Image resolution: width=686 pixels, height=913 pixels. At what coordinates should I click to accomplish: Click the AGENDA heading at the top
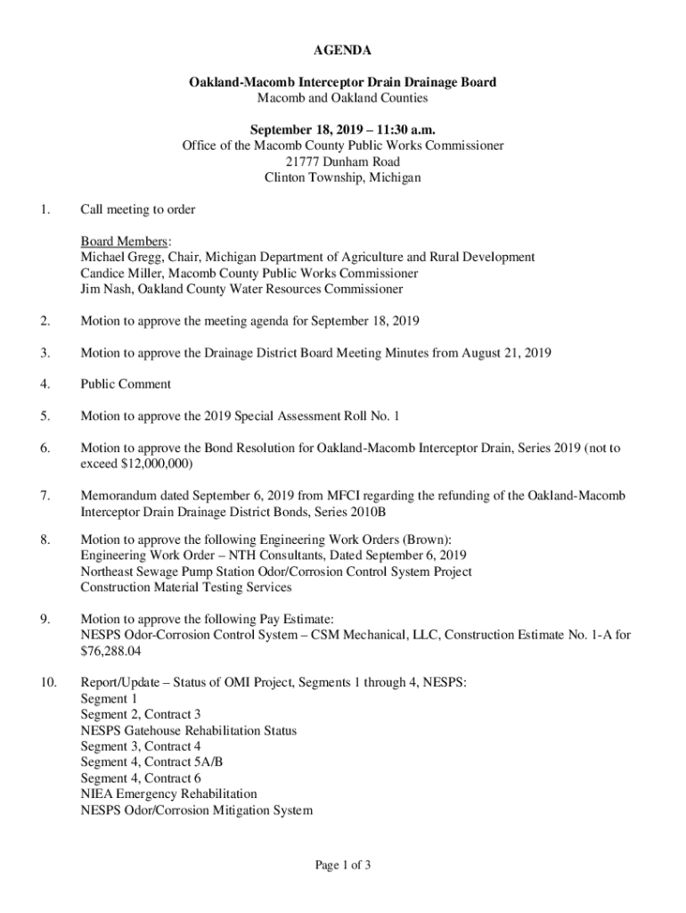pos(342,51)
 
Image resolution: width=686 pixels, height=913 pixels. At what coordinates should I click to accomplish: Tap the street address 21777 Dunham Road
pos(342,161)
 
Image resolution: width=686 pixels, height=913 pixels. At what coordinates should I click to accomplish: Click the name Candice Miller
pos(121,273)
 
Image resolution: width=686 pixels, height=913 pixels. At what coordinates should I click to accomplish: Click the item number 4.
pos(45,384)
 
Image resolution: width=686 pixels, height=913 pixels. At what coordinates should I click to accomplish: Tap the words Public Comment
pos(126,384)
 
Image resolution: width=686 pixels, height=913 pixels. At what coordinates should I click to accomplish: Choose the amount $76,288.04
pos(110,652)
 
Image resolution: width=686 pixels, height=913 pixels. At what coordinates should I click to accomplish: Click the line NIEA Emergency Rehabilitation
pos(168,794)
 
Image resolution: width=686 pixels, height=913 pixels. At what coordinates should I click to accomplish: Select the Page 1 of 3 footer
pos(342,864)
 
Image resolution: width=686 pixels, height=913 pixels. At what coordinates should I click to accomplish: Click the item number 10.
pos(48,683)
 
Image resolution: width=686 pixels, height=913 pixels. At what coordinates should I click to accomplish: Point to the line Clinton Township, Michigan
pos(342,177)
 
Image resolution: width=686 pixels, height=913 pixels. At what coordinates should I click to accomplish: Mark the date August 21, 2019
pos(505,352)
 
